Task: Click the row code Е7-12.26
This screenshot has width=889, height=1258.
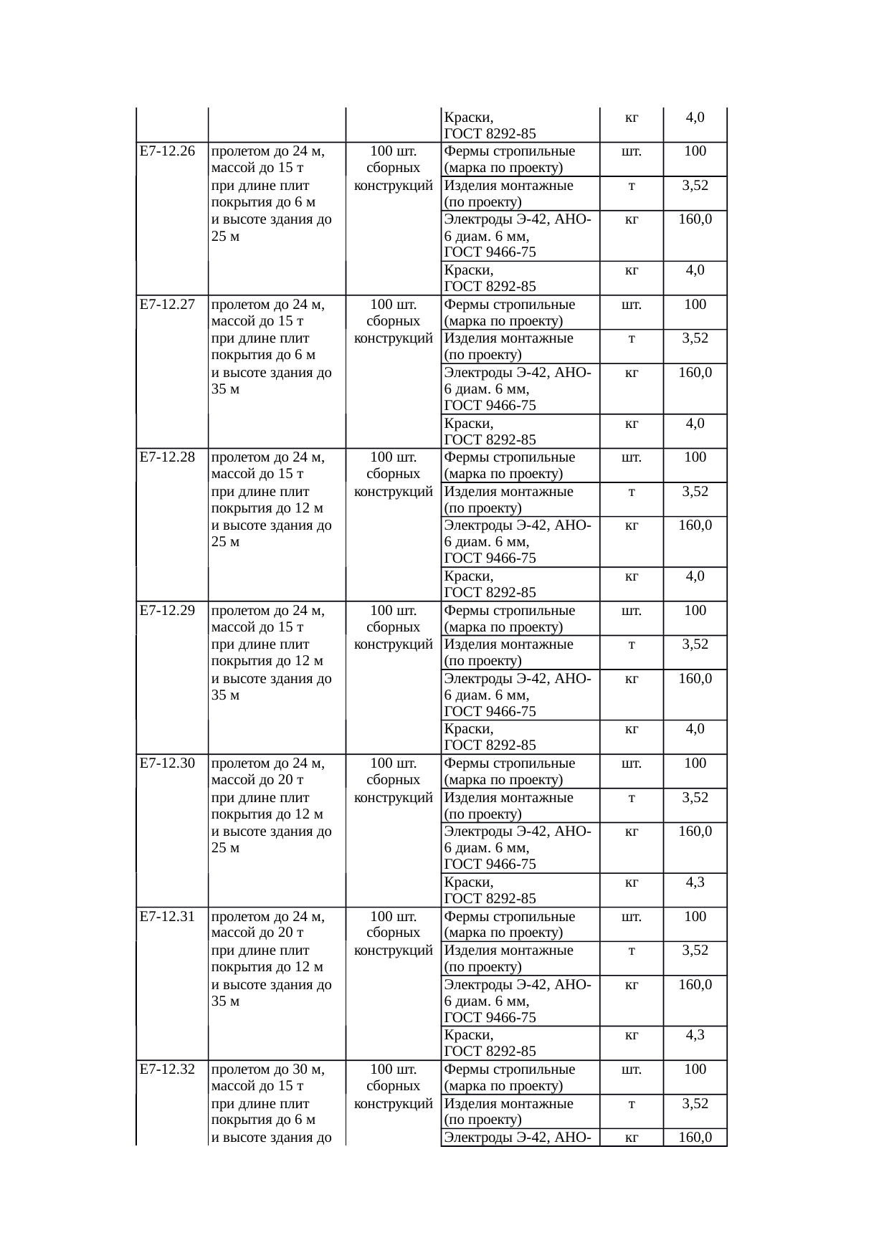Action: [x=168, y=151]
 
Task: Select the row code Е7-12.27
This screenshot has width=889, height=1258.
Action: [x=168, y=305]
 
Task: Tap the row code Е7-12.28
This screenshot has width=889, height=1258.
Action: [x=168, y=457]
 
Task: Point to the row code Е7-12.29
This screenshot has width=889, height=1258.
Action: [x=168, y=611]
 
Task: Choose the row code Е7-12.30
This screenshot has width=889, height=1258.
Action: [x=168, y=763]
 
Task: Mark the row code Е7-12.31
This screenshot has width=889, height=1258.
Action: [x=168, y=917]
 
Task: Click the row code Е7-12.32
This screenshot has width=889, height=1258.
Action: [x=168, y=1069]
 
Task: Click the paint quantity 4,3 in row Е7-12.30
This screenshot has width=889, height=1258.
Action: [x=695, y=882]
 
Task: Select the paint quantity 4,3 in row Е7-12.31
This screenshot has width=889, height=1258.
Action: [x=695, y=1035]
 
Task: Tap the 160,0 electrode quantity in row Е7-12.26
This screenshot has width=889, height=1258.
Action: [x=695, y=219]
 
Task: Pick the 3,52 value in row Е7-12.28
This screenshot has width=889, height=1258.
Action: [x=695, y=492]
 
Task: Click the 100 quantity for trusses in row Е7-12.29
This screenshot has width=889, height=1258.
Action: [x=695, y=611]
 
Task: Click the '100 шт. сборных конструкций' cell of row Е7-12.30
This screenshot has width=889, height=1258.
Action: [x=393, y=780]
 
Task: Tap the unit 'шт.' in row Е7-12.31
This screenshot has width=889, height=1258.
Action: [x=631, y=917]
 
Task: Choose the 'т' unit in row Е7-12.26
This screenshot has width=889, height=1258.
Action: [x=631, y=186]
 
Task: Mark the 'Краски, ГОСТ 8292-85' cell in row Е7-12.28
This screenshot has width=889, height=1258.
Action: [x=490, y=584]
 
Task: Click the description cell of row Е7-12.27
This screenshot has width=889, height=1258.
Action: [x=272, y=346]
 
